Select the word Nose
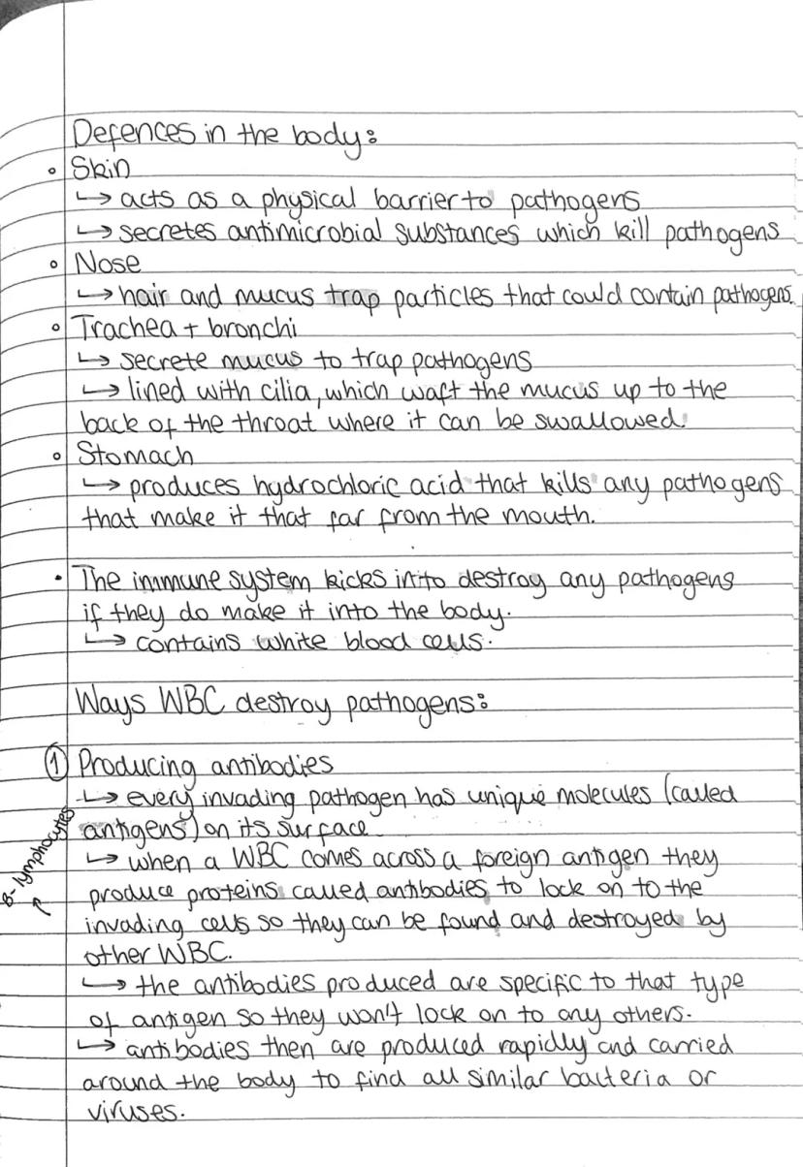108,263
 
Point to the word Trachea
117,328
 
